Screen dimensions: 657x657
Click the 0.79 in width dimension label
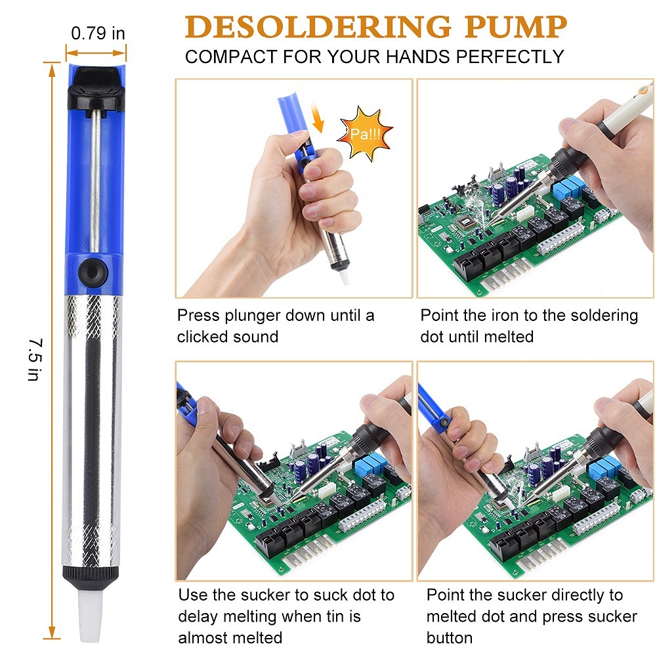(x=98, y=33)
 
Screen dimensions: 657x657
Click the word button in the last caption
(x=449, y=637)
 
